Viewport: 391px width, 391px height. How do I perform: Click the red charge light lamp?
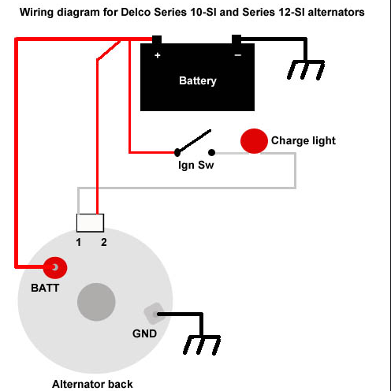pos(254,141)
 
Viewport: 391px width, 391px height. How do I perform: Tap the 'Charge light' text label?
pos(303,140)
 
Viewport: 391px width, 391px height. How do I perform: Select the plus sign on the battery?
pos(158,55)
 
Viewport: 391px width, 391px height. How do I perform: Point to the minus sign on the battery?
pos(238,55)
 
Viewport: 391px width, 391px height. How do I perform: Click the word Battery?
pos(198,80)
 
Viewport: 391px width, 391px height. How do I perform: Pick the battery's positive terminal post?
pos(157,39)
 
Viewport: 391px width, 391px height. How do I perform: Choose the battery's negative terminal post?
pos(236,39)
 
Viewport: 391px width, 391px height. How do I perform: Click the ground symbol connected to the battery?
pos(306,69)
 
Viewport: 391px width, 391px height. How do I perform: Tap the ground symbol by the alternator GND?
pos(202,344)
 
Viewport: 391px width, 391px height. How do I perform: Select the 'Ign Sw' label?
pos(195,166)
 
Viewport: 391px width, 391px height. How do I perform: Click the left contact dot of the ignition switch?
pos(177,152)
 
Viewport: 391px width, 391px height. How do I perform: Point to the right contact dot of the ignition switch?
pos(211,152)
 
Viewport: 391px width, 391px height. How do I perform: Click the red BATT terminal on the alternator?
pos(55,268)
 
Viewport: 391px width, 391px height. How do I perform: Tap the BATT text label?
pos(45,288)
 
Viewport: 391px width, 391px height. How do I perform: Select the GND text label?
pos(144,333)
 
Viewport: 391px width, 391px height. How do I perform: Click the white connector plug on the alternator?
pos(90,223)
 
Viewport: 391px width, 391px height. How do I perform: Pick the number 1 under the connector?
pos(79,242)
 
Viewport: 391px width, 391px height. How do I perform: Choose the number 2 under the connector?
pos(104,242)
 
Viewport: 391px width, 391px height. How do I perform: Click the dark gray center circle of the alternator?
pos(96,302)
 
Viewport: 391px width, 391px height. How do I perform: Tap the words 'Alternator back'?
pos(92,384)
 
